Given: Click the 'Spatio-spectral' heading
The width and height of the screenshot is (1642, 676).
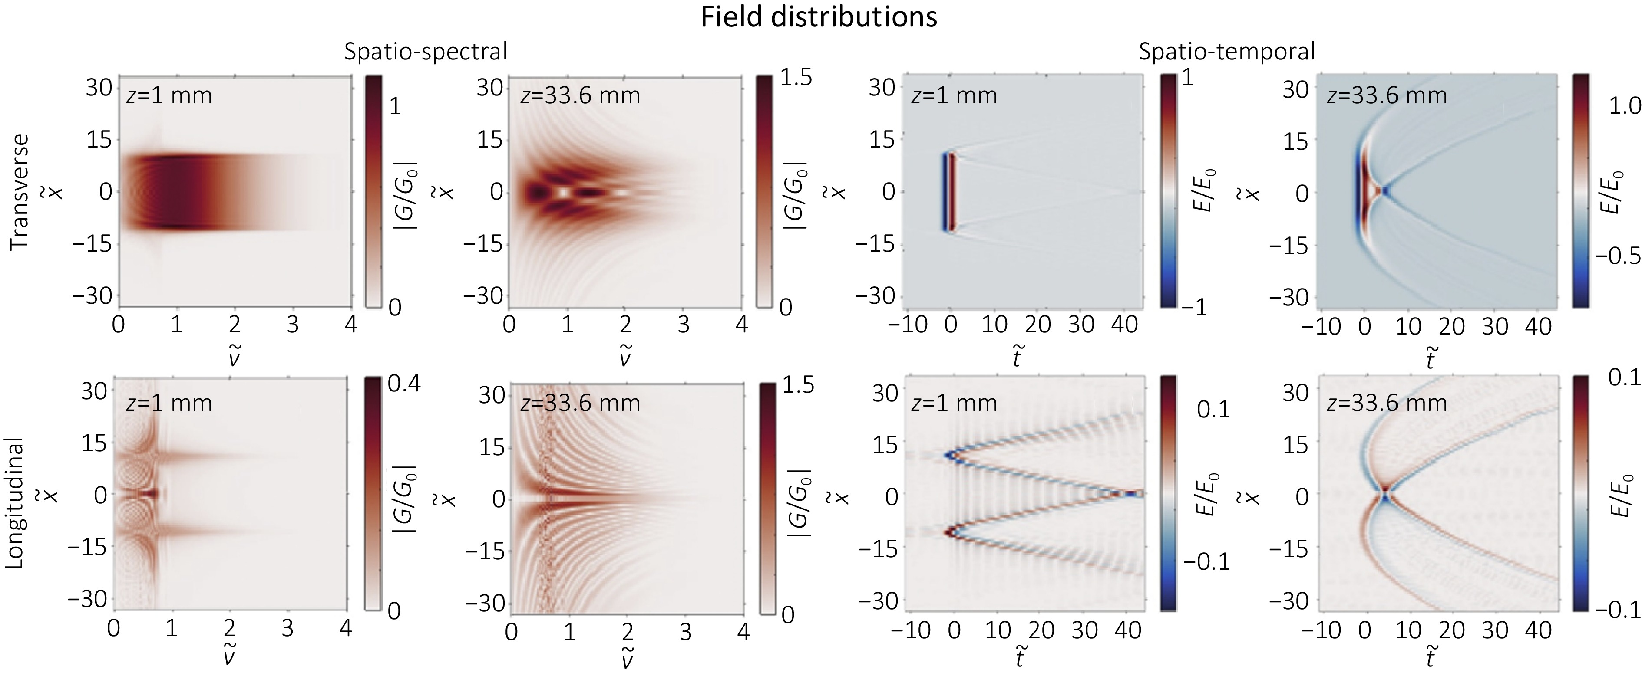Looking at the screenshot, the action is [426, 52].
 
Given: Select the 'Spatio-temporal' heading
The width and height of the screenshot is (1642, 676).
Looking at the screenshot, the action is [1227, 52].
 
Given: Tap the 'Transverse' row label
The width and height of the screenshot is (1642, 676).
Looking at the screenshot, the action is [21, 191].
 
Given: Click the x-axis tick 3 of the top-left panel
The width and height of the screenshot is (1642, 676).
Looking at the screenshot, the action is [293, 325].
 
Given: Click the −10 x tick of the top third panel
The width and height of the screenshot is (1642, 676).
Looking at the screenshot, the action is [909, 325].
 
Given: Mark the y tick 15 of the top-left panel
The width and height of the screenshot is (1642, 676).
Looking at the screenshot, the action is [99, 140].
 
